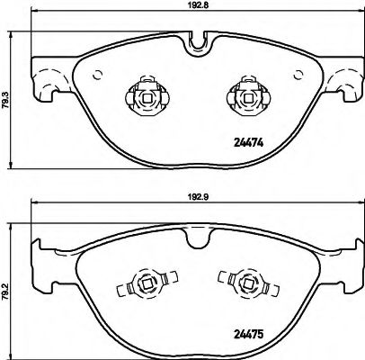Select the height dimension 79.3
coord(6,91)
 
